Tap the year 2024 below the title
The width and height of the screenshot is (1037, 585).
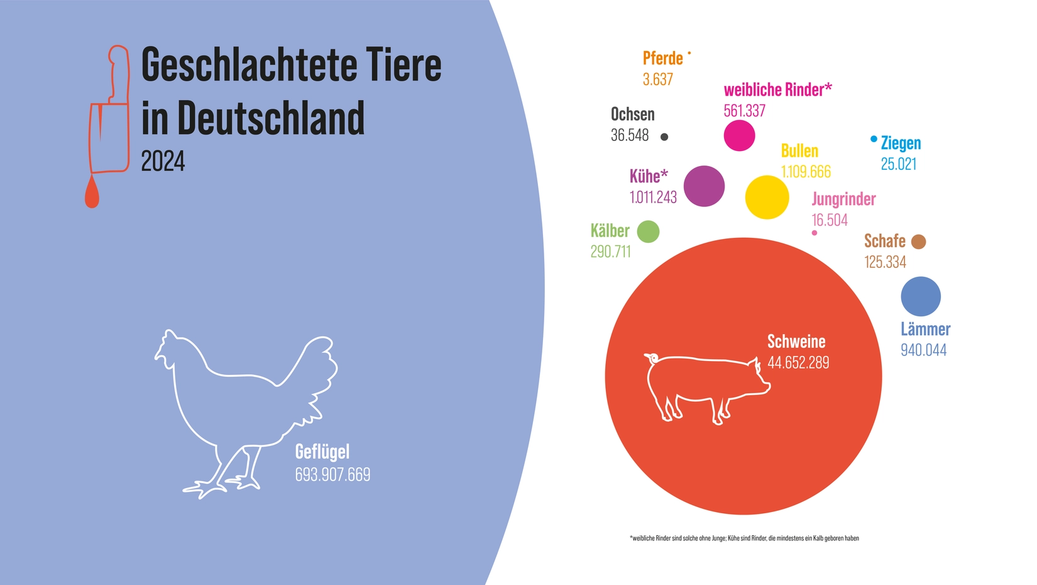click(x=163, y=162)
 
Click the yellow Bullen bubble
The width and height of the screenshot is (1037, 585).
click(x=767, y=197)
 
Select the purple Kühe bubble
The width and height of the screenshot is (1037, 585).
click(x=704, y=186)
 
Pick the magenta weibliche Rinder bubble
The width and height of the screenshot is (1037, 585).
click(x=739, y=135)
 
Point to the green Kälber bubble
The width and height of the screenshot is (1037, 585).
click(x=648, y=231)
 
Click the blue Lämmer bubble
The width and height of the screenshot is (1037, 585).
click(x=920, y=296)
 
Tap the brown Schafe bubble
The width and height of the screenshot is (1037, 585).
click(x=918, y=242)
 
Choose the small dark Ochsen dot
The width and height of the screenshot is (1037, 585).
click(x=664, y=136)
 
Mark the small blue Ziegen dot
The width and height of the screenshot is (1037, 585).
click(x=874, y=139)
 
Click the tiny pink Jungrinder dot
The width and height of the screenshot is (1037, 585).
click(x=815, y=233)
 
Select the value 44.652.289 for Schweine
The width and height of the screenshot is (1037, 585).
click(x=798, y=362)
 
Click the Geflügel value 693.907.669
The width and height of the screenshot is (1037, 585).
click(x=332, y=474)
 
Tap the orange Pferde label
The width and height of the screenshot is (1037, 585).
click(x=662, y=58)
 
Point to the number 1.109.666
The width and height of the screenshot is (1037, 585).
click(x=805, y=172)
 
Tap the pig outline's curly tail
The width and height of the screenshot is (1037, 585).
click(x=650, y=357)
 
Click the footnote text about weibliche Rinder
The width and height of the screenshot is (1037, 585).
click(x=744, y=538)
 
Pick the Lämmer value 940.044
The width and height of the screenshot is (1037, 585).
click(x=923, y=350)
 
